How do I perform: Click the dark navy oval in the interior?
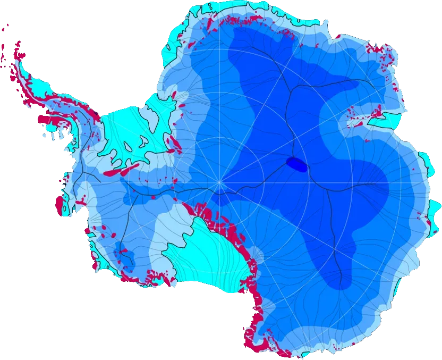tap(296, 165)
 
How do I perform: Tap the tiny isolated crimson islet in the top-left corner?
tap(7, 25)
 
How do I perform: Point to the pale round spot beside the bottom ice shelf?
tap(258, 256)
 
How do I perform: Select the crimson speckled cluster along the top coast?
tap(239, 21)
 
